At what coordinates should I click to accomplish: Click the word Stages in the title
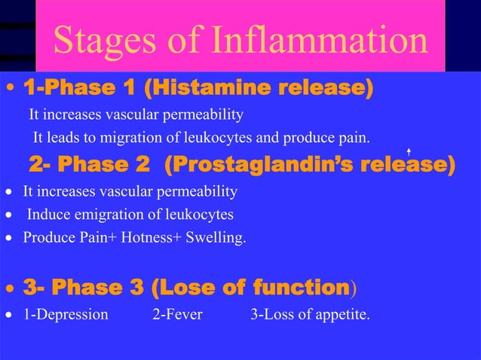point(93,41)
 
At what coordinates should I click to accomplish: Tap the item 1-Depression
point(66,314)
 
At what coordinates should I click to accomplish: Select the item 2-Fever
point(177,314)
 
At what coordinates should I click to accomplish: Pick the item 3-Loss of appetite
point(310,314)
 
